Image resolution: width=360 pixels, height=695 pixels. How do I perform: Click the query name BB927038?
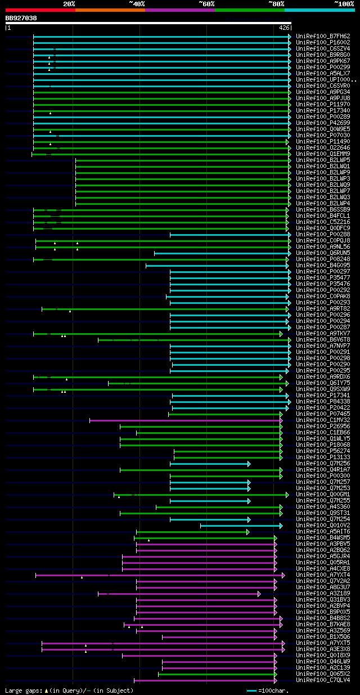tap(21, 18)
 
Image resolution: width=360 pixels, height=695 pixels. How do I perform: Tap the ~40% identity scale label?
tap(137, 3)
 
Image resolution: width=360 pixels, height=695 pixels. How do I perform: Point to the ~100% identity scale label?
tap(344, 3)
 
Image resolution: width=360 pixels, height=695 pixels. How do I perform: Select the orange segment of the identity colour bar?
tap(110, 10)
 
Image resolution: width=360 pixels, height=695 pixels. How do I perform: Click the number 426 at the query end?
tap(284, 27)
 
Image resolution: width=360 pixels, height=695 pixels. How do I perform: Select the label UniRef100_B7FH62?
tap(323, 36)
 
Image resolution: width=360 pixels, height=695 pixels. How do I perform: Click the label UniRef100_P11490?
tap(323, 141)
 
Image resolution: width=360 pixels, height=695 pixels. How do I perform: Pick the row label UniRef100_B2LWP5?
tap(323, 160)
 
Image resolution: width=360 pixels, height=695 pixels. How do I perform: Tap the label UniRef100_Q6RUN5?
tap(323, 253)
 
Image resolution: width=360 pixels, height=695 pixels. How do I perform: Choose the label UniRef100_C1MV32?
tap(323, 420)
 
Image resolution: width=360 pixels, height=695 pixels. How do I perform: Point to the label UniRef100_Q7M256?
tap(323, 463)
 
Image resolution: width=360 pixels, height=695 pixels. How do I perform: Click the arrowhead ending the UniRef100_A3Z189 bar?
tap(259, 594)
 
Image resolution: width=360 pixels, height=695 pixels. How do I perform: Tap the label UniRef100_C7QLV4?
tap(323, 680)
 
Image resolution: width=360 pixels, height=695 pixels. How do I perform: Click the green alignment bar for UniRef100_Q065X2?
tap(217, 674)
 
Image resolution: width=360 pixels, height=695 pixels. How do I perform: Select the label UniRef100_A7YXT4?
tap(323, 575)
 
